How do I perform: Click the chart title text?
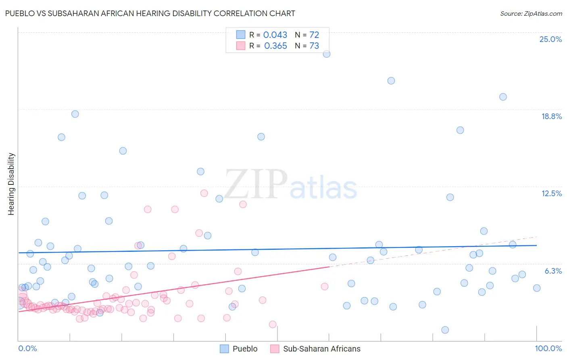(x=150, y=13)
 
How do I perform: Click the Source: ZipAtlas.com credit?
(x=531, y=13)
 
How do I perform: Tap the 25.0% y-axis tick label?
(x=550, y=39)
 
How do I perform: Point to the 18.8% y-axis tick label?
(x=551, y=116)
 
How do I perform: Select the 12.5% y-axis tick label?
(x=551, y=193)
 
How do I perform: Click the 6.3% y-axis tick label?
(x=553, y=271)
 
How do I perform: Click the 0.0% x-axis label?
(x=27, y=348)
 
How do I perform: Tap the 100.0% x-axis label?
(x=548, y=348)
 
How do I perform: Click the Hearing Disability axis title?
(x=11, y=184)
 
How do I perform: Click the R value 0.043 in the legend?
(x=275, y=35)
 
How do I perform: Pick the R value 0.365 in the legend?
(x=275, y=46)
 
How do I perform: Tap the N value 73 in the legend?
(x=314, y=46)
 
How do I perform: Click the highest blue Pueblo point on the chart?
(x=327, y=54)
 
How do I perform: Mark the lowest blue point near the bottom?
(x=445, y=330)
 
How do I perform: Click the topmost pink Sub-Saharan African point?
(x=204, y=193)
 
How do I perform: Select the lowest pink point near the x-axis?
(x=273, y=324)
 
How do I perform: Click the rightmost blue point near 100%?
(x=537, y=288)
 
